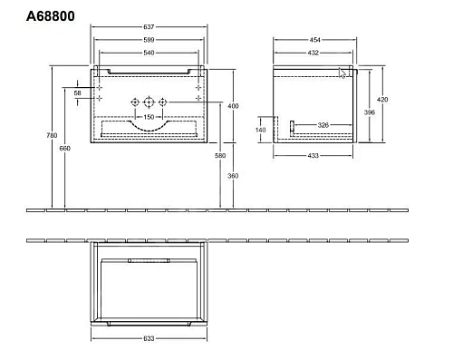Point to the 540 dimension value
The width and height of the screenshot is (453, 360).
click(x=150, y=54)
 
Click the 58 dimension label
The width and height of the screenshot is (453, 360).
click(x=78, y=93)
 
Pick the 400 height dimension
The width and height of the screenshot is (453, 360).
click(x=233, y=105)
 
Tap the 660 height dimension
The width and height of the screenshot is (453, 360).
click(x=63, y=150)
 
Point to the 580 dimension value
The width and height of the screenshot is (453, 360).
click(x=220, y=157)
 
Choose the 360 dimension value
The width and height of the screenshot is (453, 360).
click(x=233, y=175)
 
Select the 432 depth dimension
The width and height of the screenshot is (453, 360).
click(x=314, y=54)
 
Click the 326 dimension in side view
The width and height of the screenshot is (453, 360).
click(x=323, y=124)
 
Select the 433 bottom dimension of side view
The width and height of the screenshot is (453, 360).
click(x=315, y=157)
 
